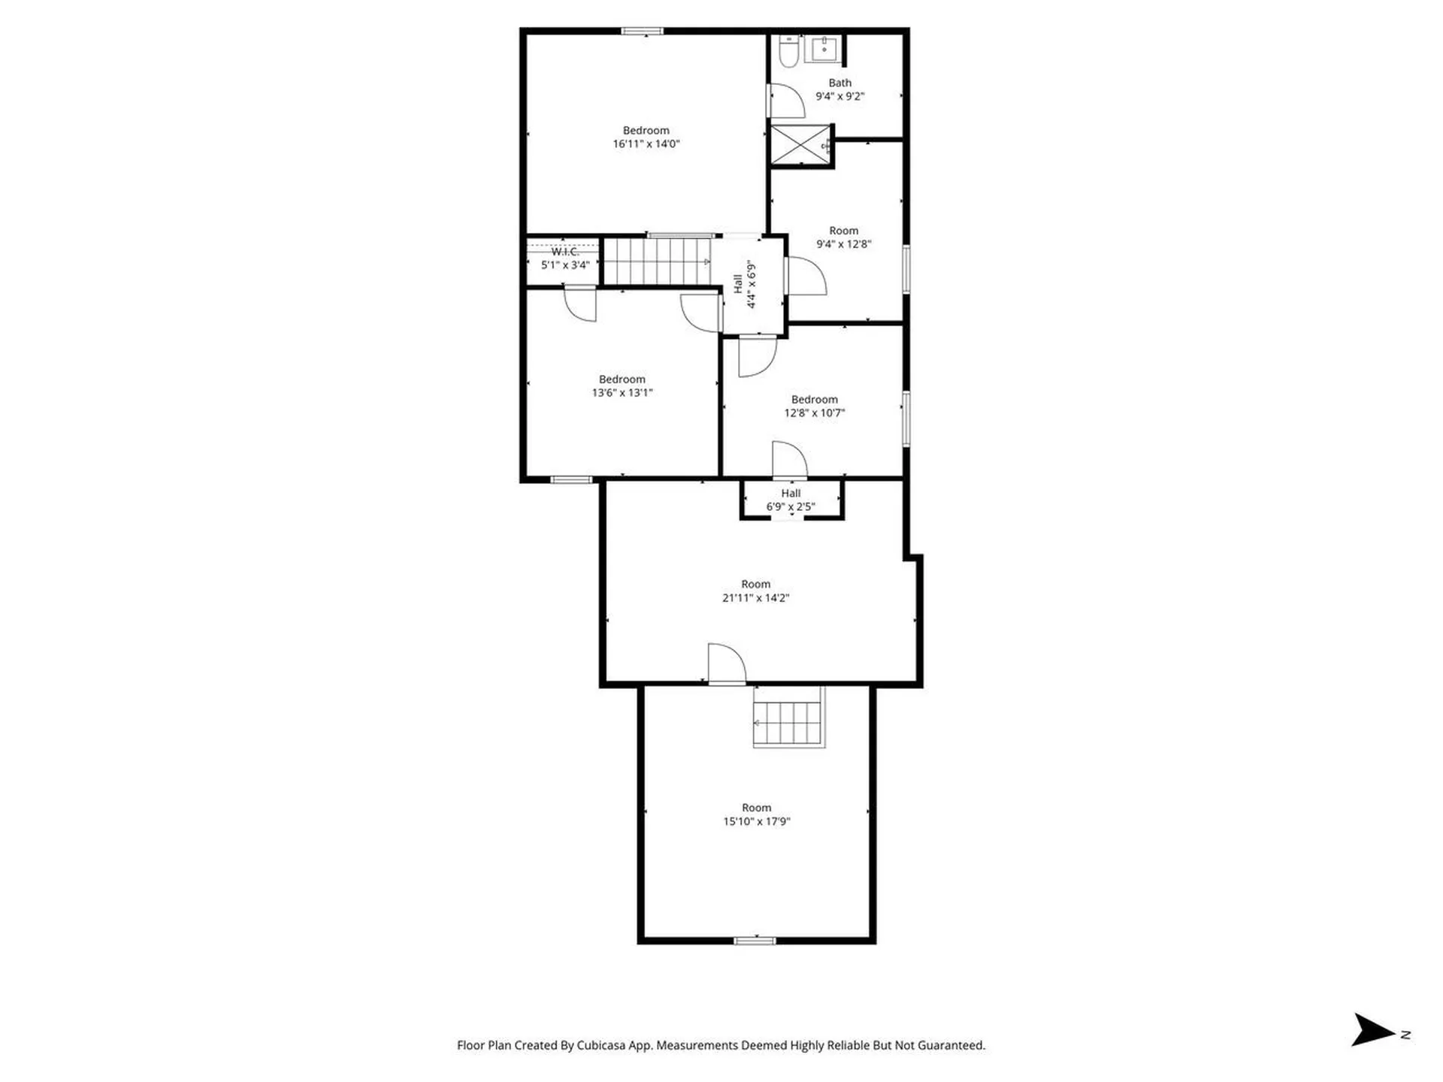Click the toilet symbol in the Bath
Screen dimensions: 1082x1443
click(x=788, y=51)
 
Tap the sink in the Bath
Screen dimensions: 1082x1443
click(x=824, y=49)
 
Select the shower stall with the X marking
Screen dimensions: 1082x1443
click(x=800, y=144)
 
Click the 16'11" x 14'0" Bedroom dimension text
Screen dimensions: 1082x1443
click(x=646, y=144)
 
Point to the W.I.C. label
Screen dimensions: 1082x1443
click(x=564, y=252)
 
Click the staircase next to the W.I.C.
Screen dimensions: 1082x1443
click(x=658, y=261)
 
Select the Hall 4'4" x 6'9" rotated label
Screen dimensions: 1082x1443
click(x=745, y=284)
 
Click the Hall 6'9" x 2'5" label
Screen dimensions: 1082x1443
click(x=790, y=500)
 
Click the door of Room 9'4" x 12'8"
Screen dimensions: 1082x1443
click(x=806, y=276)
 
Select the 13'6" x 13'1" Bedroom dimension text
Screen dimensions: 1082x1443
click(x=622, y=392)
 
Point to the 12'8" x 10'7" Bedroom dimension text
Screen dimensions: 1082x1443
click(x=814, y=413)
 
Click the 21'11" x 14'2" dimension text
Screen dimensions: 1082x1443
click(x=755, y=598)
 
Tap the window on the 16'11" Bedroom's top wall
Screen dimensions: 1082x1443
click(x=642, y=32)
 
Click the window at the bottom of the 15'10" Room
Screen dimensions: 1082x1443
click(x=755, y=940)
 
